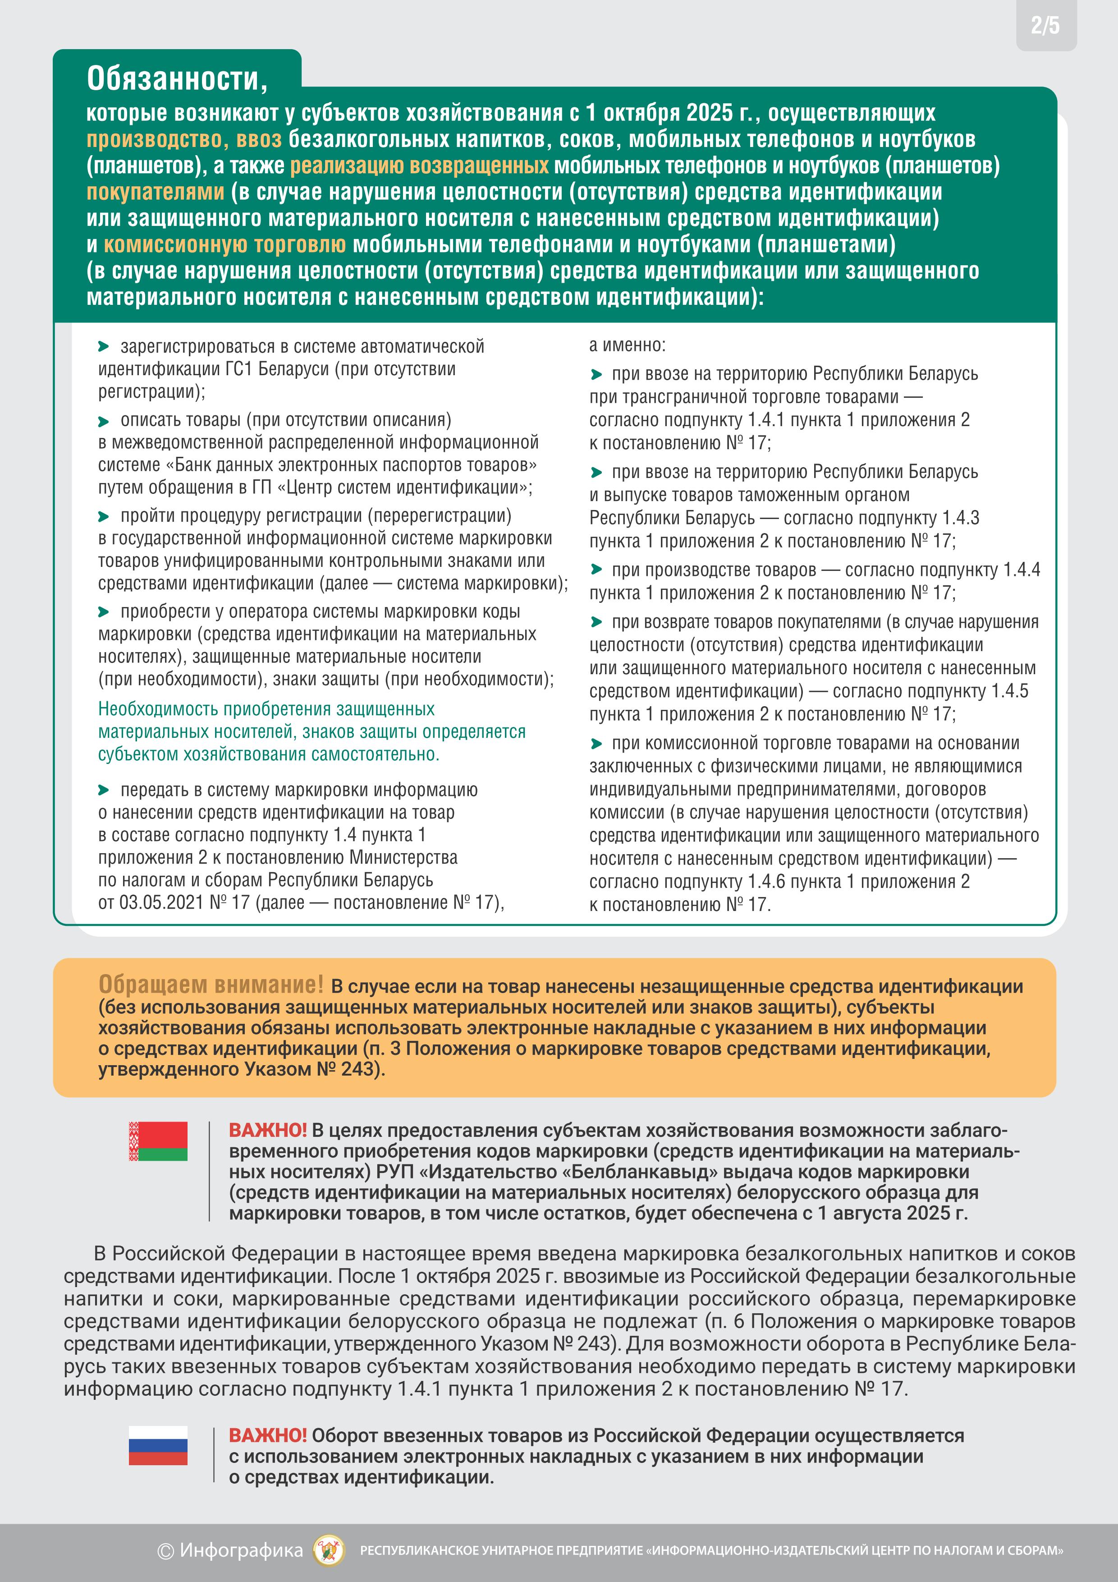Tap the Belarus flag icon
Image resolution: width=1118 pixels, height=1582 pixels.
point(158,1141)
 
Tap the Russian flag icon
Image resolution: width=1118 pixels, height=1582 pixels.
point(158,1445)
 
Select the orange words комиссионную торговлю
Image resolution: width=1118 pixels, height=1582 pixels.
point(225,244)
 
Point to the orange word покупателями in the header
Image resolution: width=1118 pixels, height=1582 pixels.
point(155,192)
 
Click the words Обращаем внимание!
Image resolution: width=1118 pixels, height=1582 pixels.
point(211,984)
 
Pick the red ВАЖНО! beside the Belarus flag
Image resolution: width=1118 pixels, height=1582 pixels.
point(267,1130)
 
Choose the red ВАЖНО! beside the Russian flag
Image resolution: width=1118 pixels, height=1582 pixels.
point(267,1435)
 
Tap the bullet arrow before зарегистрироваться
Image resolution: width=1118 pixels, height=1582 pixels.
point(104,347)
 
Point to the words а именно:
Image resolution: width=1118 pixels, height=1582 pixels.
point(627,345)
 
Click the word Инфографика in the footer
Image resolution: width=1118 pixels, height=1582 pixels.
point(241,1550)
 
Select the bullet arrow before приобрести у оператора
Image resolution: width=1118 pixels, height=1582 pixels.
point(104,612)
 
